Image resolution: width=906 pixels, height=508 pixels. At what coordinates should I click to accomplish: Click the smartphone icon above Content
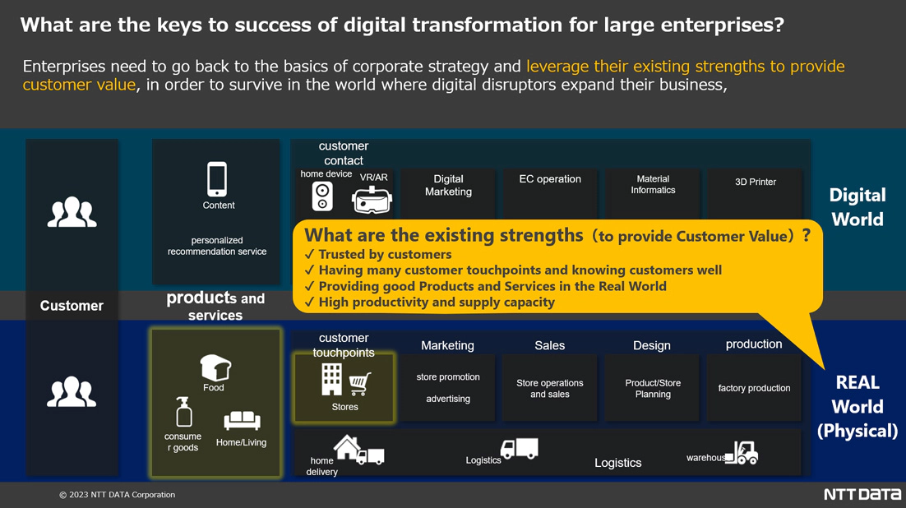[x=217, y=179]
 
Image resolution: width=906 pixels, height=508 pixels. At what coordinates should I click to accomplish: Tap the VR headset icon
[x=372, y=200]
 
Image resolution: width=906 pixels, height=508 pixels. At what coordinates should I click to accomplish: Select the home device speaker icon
[x=321, y=196]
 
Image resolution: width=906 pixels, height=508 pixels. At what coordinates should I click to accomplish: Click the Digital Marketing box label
[x=448, y=186]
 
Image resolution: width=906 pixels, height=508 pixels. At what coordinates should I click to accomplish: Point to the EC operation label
[x=550, y=179]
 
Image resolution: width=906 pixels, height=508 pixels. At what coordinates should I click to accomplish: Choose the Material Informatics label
[x=653, y=184]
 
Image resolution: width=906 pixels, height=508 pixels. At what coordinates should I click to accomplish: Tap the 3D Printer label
[x=756, y=182]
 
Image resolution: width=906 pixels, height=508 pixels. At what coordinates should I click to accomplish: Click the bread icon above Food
[x=215, y=367]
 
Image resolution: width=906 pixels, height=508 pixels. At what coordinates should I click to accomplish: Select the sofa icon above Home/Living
[x=242, y=421]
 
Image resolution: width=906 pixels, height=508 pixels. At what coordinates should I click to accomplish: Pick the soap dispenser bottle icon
[x=183, y=412]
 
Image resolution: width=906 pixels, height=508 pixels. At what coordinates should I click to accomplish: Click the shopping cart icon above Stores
[x=359, y=384]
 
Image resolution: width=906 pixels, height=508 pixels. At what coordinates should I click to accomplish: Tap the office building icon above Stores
[x=331, y=380]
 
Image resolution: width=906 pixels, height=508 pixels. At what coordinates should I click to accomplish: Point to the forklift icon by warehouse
[x=742, y=453]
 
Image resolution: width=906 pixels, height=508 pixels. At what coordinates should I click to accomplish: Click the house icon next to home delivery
[x=347, y=446]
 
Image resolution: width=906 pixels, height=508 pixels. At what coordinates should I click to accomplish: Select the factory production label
[x=754, y=388]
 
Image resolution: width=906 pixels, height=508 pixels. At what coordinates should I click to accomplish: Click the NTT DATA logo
[x=862, y=495]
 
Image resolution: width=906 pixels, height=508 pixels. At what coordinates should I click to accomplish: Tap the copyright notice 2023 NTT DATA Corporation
[x=117, y=495]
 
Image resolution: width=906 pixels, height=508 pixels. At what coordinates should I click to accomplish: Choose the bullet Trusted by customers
[x=378, y=254]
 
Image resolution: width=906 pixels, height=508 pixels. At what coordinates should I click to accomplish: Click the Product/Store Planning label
[x=653, y=388]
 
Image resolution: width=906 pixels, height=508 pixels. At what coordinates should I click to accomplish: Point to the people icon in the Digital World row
[x=72, y=212]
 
